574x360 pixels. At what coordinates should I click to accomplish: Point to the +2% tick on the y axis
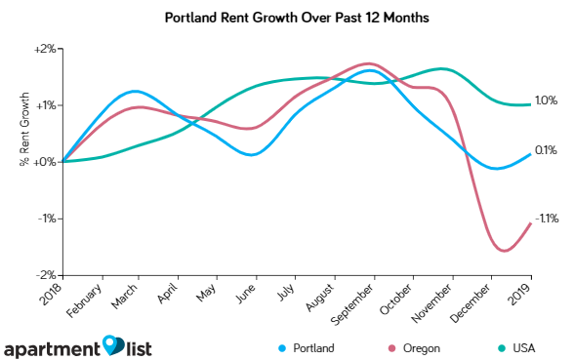(45, 49)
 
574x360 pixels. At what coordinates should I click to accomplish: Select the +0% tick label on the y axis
(45, 162)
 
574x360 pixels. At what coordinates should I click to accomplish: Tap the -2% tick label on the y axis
(46, 275)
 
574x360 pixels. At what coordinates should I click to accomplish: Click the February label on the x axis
(86, 300)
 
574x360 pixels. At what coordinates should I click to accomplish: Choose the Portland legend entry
(307, 347)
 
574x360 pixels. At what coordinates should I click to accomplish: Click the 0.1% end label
(546, 150)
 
